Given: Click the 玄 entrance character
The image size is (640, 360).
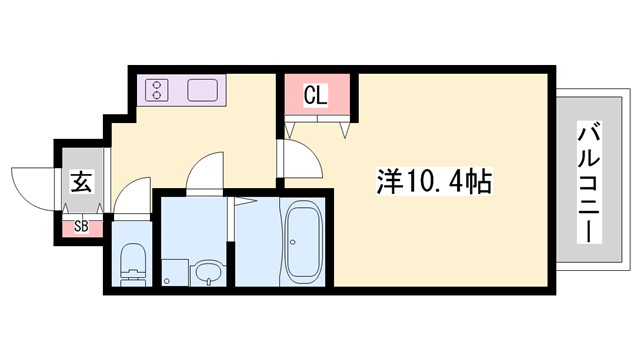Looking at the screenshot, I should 80,183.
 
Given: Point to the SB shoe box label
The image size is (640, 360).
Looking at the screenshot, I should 80,226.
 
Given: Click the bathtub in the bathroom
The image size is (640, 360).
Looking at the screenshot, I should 301,242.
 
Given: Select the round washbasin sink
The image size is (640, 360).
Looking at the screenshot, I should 208,272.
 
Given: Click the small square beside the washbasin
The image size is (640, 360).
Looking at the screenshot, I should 175,270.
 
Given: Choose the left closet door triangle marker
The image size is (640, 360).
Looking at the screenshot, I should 291,128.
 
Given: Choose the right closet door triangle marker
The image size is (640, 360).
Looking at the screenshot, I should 345,128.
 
